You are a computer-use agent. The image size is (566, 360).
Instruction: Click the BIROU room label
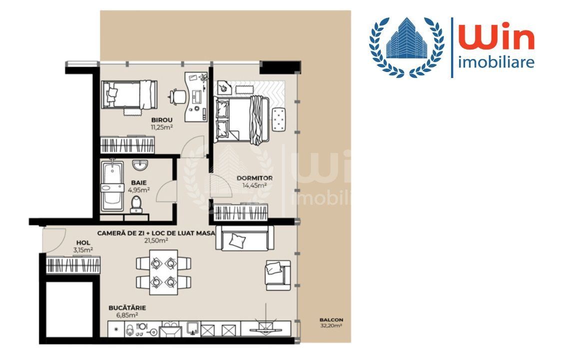click(162, 120)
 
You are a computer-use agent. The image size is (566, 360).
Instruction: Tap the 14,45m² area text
click(254, 185)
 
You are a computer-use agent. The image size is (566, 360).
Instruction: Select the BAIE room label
click(139, 183)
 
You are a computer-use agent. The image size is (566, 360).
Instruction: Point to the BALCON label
click(331, 320)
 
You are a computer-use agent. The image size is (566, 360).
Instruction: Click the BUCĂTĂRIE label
click(127, 308)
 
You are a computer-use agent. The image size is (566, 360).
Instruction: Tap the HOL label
click(83, 243)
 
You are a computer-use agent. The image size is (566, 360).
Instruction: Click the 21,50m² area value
click(155, 240)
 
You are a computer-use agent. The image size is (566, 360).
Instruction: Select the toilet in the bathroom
click(136, 204)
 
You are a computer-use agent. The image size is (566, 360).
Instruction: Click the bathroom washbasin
click(140, 165)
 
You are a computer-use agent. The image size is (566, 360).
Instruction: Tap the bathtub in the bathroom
click(112, 186)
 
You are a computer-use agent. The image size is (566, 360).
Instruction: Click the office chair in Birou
click(177, 96)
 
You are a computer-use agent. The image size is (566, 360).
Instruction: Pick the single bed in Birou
click(129, 94)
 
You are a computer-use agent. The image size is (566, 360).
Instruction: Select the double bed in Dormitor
click(241, 119)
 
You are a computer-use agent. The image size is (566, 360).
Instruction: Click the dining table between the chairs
click(163, 272)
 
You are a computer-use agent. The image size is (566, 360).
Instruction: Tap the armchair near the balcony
click(278, 275)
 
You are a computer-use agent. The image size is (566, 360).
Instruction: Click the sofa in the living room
click(245, 238)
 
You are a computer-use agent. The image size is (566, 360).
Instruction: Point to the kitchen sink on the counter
click(194, 328)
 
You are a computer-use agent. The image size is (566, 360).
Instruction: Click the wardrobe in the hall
click(73, 265)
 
